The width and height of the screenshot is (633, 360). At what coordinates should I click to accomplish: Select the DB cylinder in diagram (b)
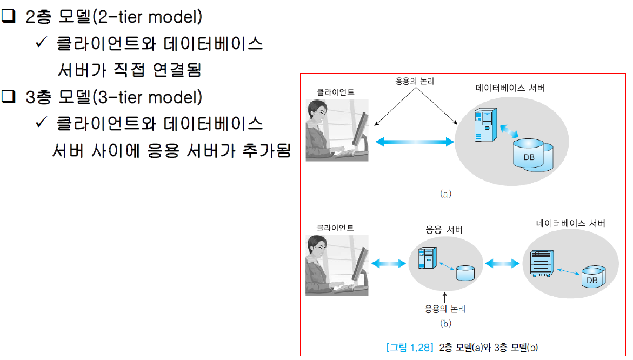(594, 278)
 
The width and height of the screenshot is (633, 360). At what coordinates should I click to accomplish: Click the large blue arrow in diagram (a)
(414, 142)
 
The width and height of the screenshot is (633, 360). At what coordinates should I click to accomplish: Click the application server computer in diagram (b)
(428, 258)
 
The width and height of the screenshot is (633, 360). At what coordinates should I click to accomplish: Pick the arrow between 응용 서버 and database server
(502, 264)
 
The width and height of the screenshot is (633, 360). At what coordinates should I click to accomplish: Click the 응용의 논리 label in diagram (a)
(414, 81)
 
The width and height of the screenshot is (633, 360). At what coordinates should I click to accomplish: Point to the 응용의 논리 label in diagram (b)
(445, 309)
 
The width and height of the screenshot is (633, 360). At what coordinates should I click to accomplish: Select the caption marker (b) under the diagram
(445, 323)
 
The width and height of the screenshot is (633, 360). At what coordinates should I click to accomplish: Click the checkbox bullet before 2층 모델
(9, 17)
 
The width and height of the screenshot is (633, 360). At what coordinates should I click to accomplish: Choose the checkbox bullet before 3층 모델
(9, 97)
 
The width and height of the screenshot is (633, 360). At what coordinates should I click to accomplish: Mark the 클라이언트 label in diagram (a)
(335, 92)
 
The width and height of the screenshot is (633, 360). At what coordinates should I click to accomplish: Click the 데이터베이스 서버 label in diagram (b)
(570, 223)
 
